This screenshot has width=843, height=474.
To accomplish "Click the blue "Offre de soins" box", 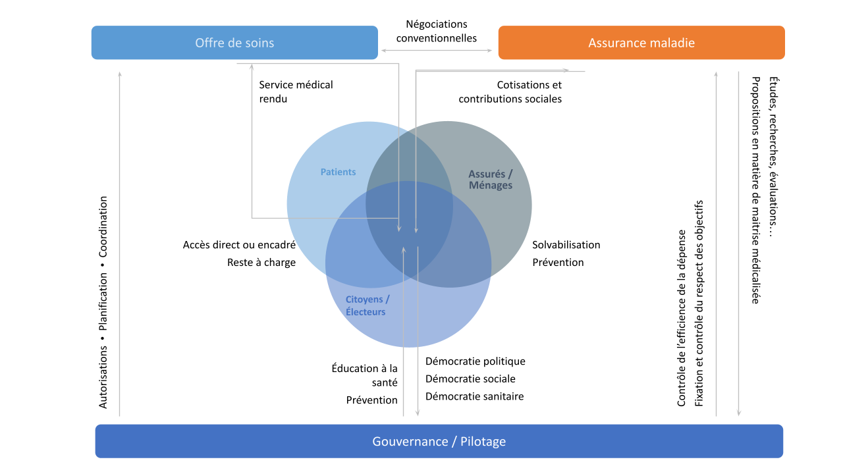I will pyautogui.click(x=234, y=43).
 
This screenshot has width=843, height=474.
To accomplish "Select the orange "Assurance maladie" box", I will pyautogui.click(x=641, y=43).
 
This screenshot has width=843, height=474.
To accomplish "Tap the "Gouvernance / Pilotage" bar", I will pyautogui.click(x=439, y=441).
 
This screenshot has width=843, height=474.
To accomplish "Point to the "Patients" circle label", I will pyautogui.click(x=338, y=172).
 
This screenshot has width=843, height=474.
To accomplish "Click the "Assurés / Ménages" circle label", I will pyautogui.click(x=490, y=180).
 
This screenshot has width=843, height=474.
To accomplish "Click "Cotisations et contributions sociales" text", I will pyautogui.click(x=510, y=92).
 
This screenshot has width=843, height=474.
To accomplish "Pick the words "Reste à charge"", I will pyautogui.click(x=261, y=262).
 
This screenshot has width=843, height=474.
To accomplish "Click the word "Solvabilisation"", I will pyautogui.click(x=566, y=245).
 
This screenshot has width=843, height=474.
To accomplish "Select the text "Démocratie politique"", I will pyautogui.click(x=476, y=361).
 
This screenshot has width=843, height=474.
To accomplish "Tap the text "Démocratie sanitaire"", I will pyautogui.click(x=475, y=396).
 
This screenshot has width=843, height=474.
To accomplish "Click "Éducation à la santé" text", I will pyautogui.click(x=365, y=375).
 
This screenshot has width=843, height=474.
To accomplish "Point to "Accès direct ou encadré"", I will pyautogui.click(x=239, y=245).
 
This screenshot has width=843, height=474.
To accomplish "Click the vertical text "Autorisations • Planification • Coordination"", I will pyautogui.click(x=103, y=302).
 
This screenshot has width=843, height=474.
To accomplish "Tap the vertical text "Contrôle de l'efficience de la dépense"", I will pyautogui.click(x=682, y=318).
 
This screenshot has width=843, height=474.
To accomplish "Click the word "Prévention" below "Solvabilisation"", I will pyautogui.click(x=558, y=262).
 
